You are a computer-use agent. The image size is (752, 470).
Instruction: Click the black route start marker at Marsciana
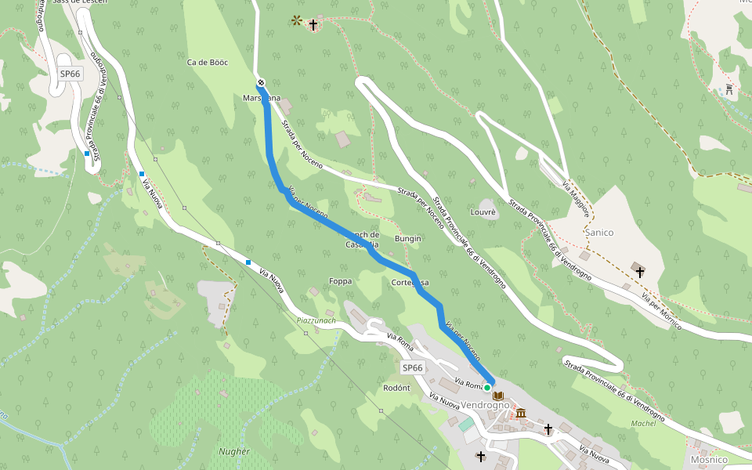(x=261, y=83)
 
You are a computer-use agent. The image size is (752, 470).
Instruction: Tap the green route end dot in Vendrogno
(x=486, y=387)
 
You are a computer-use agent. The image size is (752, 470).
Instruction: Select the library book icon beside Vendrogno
(x=498, y=396)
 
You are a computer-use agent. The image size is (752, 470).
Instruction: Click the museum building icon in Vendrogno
(x=521, y=413)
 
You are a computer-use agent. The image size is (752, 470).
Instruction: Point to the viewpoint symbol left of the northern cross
(x=296, y=20)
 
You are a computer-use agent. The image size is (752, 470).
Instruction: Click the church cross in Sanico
(x=640, y=273)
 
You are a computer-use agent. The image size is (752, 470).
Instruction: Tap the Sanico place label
(x=599, y=233)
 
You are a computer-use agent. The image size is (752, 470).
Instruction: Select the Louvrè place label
(x=483, y=212)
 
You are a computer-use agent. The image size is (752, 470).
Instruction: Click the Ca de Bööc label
(x=208, y=62)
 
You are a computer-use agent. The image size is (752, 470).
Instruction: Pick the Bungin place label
(x=407, y=238)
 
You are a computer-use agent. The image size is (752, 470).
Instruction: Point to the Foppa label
(x=341, y=280)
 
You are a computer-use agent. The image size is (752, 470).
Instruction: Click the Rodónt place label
(x=396, y=388)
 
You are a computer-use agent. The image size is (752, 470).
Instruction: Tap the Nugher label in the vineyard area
(x=234, y=451)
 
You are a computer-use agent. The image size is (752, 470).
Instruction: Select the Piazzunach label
(x=316, y=320)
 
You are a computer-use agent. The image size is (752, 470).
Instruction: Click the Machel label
(x=642, y=424)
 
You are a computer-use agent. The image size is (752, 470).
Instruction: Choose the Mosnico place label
(x=709, y=459)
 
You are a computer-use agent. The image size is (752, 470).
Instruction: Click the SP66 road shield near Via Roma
(x=412, y=367)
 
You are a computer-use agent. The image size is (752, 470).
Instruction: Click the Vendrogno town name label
(x=485, y=405)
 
